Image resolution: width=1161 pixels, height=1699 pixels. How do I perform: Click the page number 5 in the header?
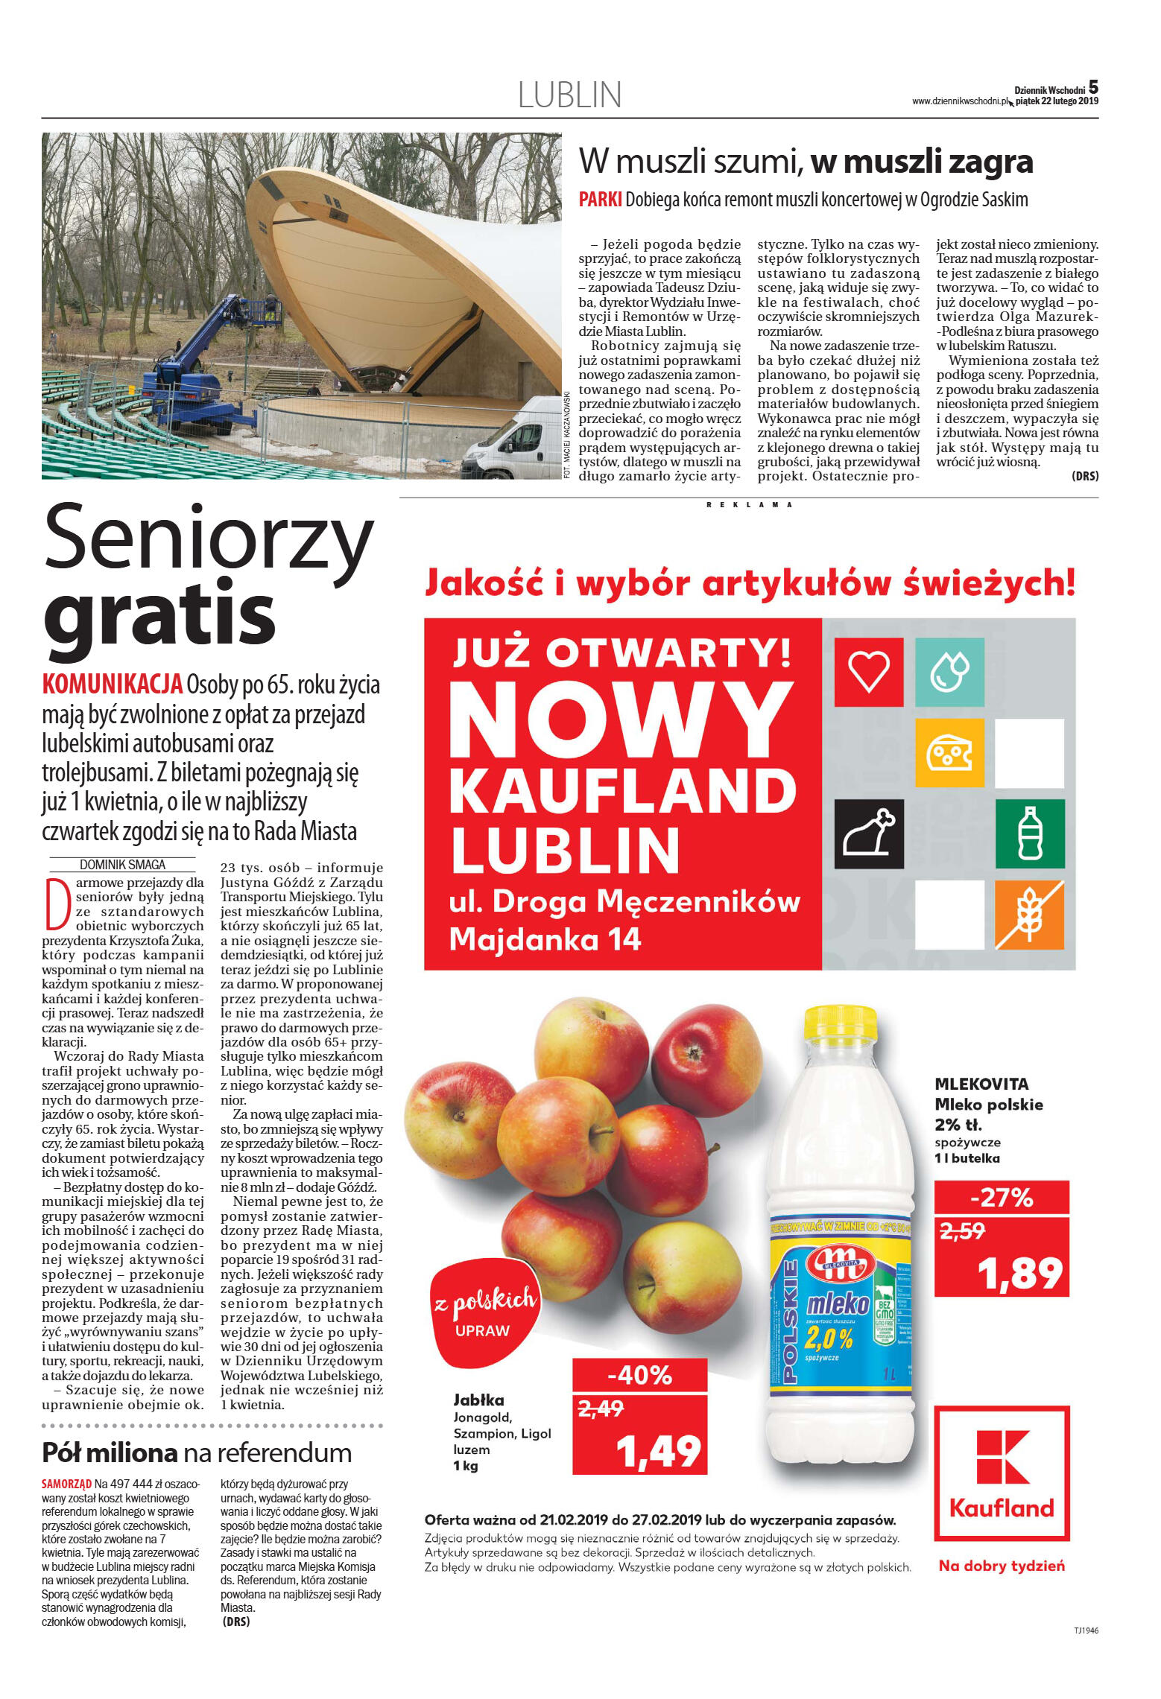click(1092, 87)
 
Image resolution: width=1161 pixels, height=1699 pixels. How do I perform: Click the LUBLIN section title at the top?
click(569, 95)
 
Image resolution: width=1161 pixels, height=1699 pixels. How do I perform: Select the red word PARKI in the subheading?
click(600, 200)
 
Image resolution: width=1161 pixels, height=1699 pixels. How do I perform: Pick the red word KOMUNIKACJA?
click(113, 683)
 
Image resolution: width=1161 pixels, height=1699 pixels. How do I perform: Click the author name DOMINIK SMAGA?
click(122, 865)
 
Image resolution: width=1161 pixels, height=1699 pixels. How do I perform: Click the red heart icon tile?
click(868, 671)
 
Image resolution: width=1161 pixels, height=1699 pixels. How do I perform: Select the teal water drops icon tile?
click(949, 671)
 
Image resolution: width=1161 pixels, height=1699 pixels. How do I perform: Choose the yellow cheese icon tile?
click(949, 753)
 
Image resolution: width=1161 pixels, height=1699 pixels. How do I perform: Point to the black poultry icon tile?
click(868, 833)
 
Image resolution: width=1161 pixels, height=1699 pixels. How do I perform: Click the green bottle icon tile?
click(1029, 833)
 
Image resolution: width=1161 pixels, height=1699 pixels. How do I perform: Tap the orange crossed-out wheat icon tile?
click(1029, 915)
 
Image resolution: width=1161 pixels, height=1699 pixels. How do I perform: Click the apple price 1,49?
click(659, 1451)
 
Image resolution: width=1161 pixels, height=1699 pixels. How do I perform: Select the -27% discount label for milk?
click(1001, 1198)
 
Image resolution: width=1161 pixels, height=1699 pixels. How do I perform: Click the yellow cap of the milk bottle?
click(840, 1024)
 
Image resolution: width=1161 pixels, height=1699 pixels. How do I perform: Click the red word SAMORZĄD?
click(66, 1499)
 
